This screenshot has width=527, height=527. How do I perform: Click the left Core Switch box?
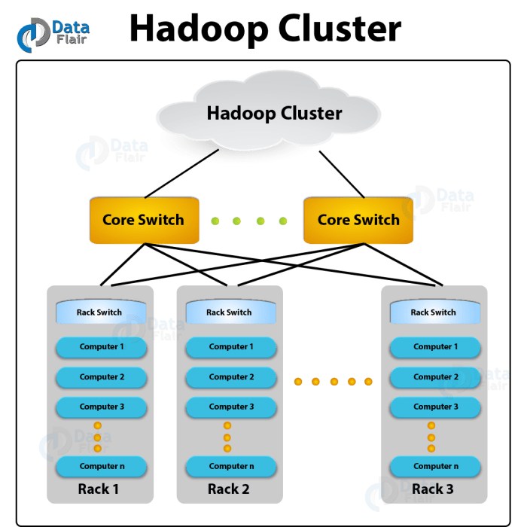(x=143, y=220)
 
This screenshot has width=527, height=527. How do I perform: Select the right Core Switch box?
(x=358, y=220)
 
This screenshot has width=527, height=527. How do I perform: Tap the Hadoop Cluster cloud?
(x=274, y=114)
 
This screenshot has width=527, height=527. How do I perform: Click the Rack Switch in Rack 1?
(x=100, y=312)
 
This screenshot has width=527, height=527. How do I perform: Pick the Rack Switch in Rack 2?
(x=229, y=312)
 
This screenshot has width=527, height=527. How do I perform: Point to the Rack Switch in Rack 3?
(x=433, y=312)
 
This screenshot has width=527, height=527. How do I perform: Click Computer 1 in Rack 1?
(x=102, y=347)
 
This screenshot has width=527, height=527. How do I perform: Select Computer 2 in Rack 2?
(x=230, y=377)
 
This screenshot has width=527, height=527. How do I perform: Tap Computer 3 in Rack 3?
(x=435, y=407)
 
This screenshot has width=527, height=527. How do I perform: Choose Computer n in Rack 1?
(x=102, y=467)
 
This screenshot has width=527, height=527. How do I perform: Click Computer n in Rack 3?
(x=435, y=467)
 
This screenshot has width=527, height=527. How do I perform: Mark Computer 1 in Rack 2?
(x=230, y=347)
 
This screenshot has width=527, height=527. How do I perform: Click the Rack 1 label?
(x=99, y=489)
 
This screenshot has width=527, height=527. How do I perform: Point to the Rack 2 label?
(x=228, y=489)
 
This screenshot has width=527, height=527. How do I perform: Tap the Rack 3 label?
(x=433, y=489)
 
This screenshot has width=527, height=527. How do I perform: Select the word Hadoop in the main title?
(x=197, y=29)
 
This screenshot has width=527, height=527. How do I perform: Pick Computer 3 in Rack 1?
(x=102, y=407)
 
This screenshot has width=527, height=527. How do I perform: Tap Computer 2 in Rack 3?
(x=435, y=377)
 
